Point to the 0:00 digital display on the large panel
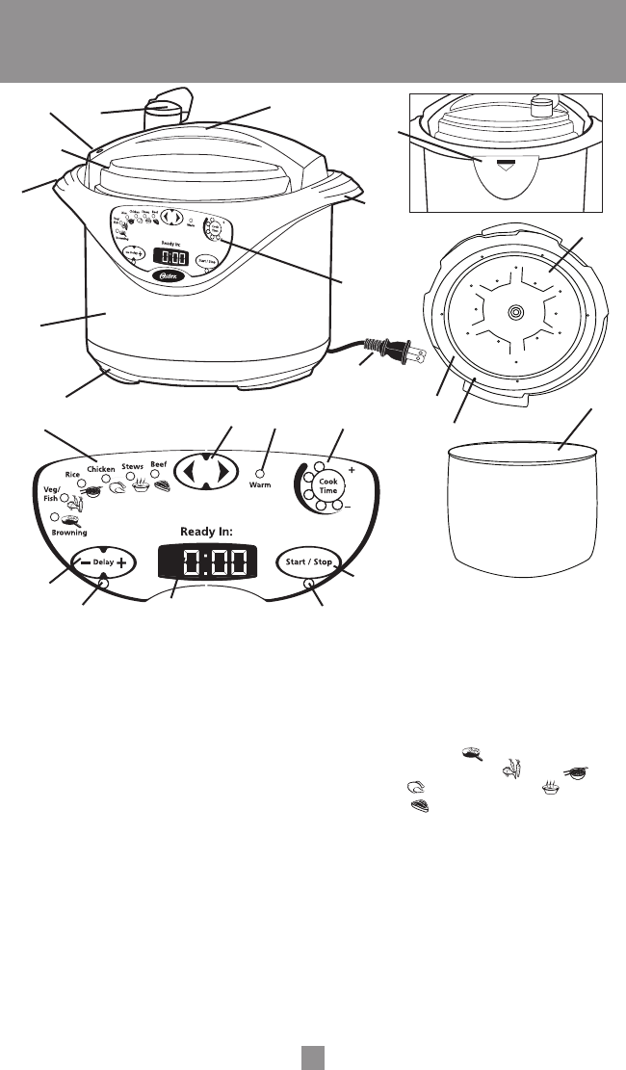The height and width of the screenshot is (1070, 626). click(x=208, y=562)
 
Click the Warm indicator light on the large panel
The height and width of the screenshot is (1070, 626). click(x=259, y=474)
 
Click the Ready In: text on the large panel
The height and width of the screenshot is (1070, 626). click(x=209, y=531)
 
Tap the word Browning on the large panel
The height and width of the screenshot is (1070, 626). click(x=69, y=531)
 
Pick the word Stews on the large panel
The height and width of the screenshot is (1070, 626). click(x=132, y=466)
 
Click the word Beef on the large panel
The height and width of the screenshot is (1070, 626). click(x=160, y=463)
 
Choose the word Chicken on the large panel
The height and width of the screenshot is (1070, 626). click(x=101, y=469)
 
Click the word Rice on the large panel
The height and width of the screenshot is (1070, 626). click(x=72, y=475)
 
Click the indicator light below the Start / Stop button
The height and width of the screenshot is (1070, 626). click(x=308, y=584)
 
